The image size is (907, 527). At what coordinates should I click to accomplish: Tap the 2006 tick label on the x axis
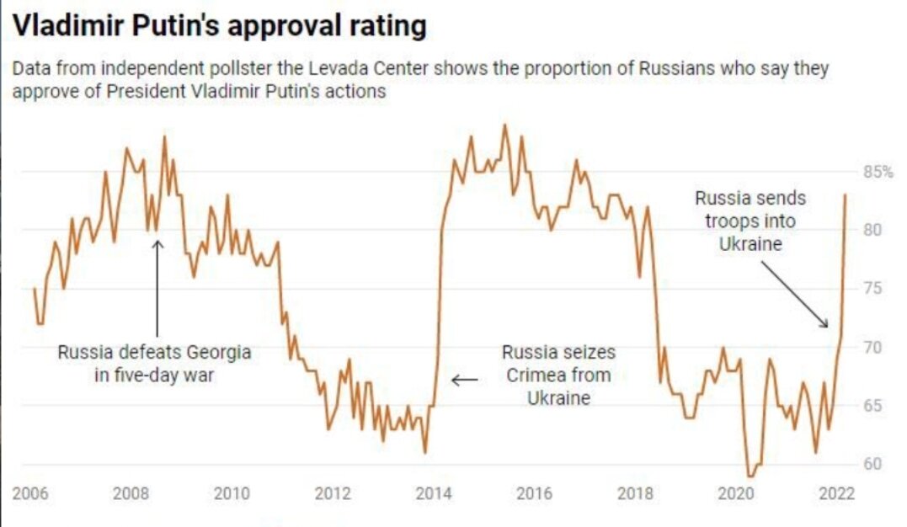click(30, 493)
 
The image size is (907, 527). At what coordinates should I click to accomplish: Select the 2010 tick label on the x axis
click(232, 493)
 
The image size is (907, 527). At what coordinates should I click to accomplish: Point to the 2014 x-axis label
click(433, 493)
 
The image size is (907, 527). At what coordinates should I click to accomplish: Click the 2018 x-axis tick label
click(635, 493)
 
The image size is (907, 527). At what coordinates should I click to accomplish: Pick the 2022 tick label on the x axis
click(836, 493)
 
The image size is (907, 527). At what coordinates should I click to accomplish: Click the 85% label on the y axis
click(877, 173)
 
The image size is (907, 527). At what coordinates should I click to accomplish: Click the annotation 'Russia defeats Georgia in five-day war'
click(154, 364)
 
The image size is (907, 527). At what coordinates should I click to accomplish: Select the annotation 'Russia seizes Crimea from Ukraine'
click(558, 375)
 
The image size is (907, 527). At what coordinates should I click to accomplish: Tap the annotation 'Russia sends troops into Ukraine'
click(750, 221)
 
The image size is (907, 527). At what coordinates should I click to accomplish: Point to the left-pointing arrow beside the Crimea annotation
click(464, 380)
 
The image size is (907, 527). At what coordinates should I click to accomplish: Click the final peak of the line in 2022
click(845, 195)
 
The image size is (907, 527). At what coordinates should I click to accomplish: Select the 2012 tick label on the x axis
click(332, 493)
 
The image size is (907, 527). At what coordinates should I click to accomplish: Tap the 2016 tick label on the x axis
click(534, 493)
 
